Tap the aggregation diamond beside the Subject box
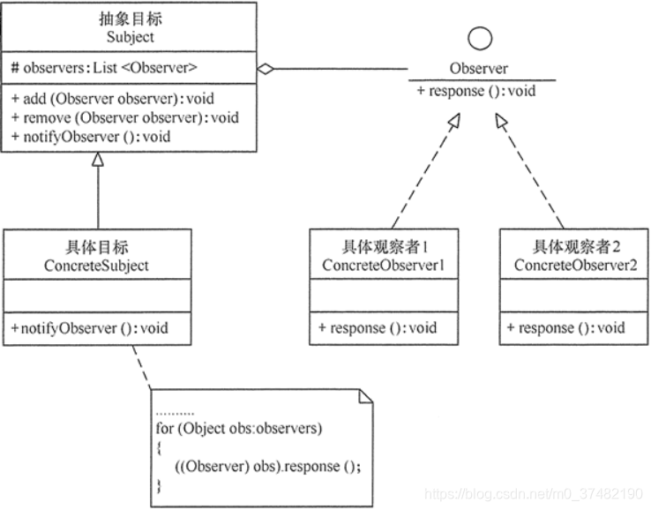(266, 69)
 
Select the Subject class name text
(130, 37)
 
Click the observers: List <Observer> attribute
(104, 68)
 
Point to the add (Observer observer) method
(113, 99)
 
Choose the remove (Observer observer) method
(125, 117)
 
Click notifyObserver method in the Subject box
(91, 137)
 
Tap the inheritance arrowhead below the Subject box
(98, 160)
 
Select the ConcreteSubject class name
(96, 266)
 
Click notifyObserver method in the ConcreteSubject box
(90, 328)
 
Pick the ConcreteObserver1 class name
(383, 265)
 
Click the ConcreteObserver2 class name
(575, 265)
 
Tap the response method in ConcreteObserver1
(378, 328)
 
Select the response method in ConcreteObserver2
(566, 328)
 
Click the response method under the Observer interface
(476, 91)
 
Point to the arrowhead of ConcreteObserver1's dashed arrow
(454, 120)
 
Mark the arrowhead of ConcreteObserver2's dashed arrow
(501, 121)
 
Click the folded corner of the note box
(365, 396)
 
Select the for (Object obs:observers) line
(239, 428)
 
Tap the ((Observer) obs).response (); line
(268, 467)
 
